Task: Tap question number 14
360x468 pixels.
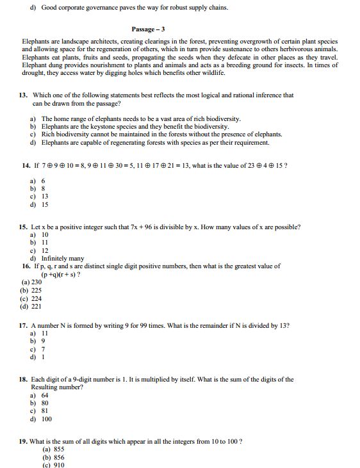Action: (26, 165)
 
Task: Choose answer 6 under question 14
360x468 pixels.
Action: (43, 181)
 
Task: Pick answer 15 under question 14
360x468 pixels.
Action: (44, 205)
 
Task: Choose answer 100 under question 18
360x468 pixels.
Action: (46, 419)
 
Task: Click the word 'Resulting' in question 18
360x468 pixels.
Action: (44, 387)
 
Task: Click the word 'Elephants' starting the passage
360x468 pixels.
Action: (35, 41)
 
